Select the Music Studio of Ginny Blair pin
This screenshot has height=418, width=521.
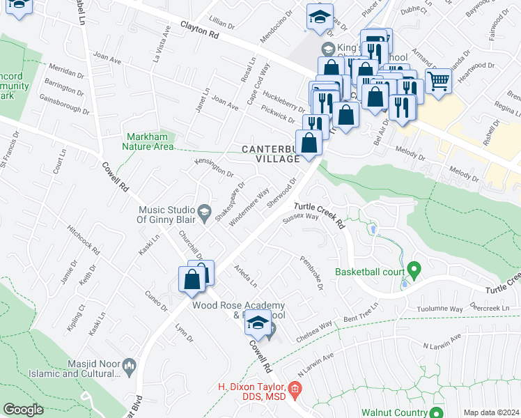point(204,210)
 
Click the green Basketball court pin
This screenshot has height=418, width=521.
point(413,268)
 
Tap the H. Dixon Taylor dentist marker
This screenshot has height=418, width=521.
point(294,387)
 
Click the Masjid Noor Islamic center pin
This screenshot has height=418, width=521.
point(129,364)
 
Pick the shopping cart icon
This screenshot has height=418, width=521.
point(438,82)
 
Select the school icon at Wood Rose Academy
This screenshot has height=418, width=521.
point(258,322)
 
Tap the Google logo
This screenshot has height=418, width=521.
point(23,410)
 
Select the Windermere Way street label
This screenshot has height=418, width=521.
point(249,205)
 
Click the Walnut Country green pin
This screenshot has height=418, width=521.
point(436,412)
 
